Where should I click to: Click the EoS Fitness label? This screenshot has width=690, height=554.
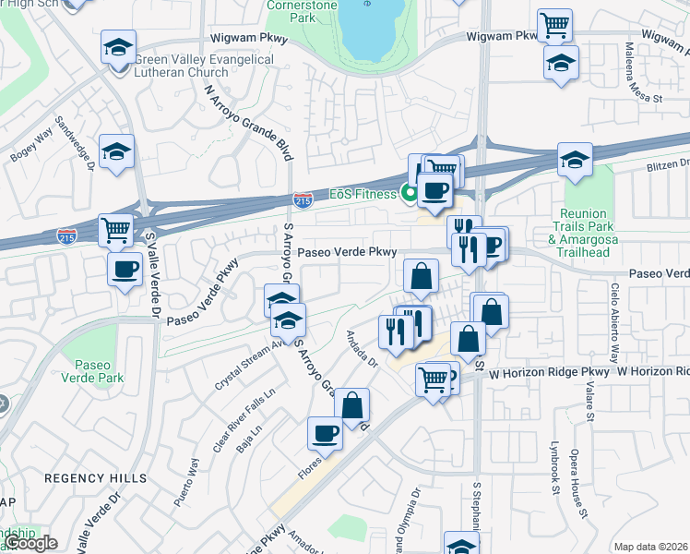(x=363, y=195)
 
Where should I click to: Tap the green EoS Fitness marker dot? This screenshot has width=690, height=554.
(x=407, y=194)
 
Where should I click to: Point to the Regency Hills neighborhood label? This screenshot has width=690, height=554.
(x=96, y=477)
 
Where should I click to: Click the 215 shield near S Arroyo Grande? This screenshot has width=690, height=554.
(x=303, y=199)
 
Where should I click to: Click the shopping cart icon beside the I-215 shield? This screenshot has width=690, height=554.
(x=116, y=230)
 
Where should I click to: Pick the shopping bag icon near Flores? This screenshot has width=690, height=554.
(x=351, y=404)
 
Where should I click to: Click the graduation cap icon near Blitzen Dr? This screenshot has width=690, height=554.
(x=574, y=161)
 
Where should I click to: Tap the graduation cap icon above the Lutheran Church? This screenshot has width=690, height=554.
(x=118, y=47)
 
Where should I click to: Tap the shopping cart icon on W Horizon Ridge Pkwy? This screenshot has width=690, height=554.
(x=434, y=378)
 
